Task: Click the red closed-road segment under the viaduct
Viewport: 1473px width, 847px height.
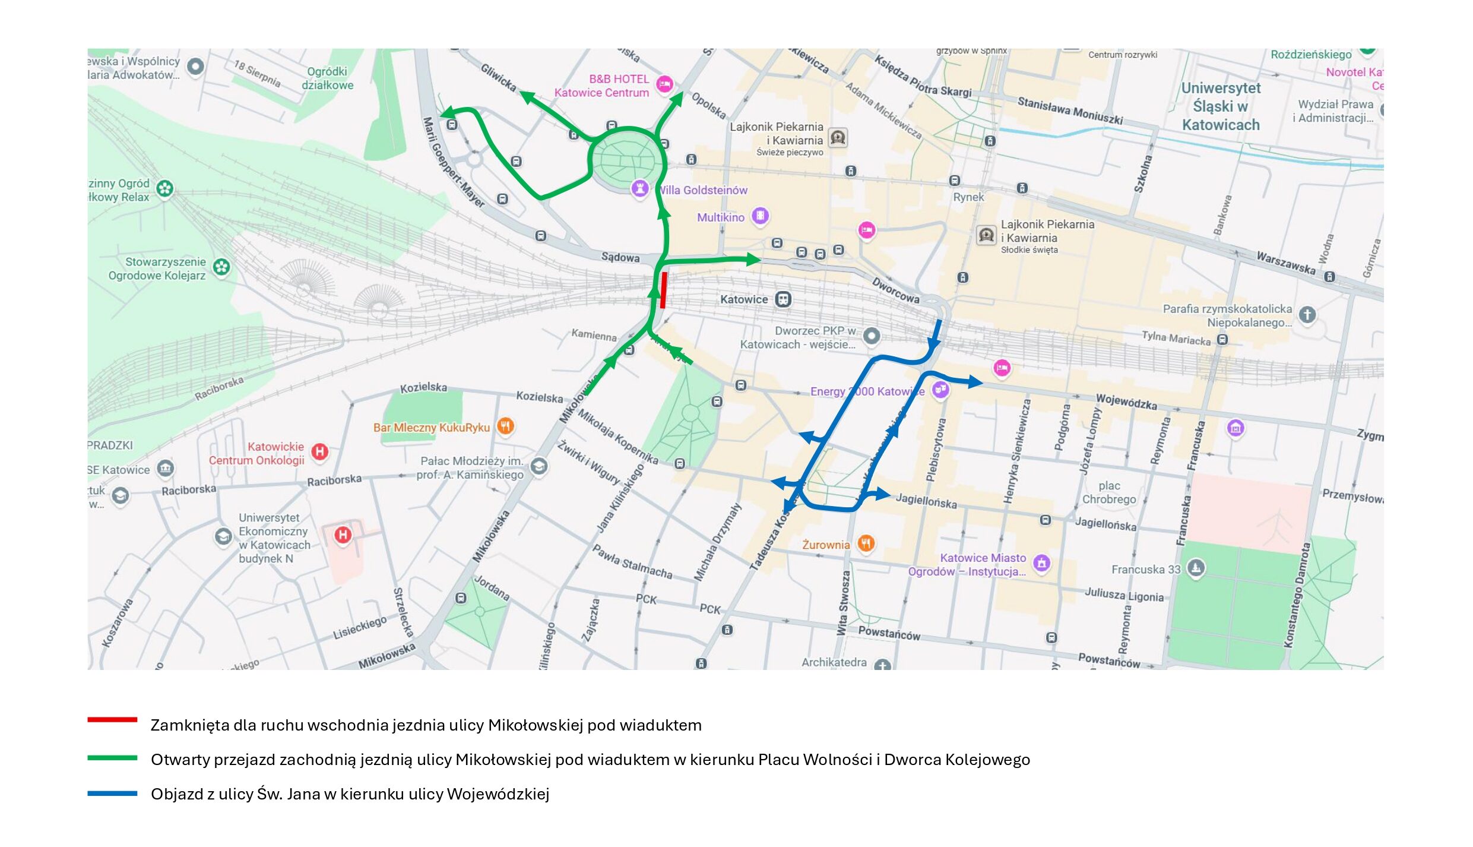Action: pos(663,290)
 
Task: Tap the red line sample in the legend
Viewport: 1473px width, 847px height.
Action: pos(112,720)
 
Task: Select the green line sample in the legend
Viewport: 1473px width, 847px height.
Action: pos(112,758)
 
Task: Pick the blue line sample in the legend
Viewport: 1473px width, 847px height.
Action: pos(112,793)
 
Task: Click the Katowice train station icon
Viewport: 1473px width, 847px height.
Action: pos(783,299)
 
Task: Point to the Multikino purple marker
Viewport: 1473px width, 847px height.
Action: pos(761,216)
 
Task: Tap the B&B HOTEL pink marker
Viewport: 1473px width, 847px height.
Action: pos(664,84)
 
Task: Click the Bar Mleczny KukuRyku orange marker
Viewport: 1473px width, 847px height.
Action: pos(505,426)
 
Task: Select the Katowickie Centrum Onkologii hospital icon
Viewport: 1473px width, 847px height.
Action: pos(319,451)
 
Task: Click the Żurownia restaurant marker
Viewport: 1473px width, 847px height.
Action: pos(866,543)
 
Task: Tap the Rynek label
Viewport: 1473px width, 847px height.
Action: pos(968,197)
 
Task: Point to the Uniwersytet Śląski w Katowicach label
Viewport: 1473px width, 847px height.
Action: pos(1221,106)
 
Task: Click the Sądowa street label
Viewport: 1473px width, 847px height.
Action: pos(620,257)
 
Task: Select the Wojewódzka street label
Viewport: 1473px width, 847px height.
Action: pos(1126,402)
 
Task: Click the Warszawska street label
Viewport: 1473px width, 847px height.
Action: pos(1285,262)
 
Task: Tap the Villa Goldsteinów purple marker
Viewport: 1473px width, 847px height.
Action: pos(639,188)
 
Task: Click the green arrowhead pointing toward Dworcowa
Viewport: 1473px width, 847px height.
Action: pos(753,259)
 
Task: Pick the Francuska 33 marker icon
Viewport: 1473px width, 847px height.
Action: pos(1196,568)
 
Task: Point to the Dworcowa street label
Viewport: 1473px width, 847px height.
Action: pos(895,290)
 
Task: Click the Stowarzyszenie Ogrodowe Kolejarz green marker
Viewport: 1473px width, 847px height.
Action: pos(221,267)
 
